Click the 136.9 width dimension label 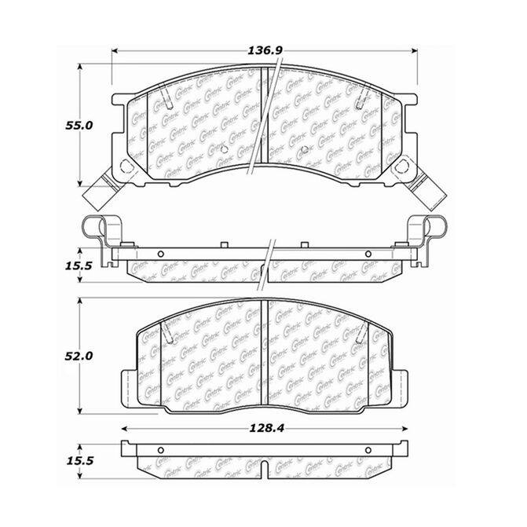pyautogui.click(x=265, y=50)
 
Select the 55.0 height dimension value pyautogui.click(x=79, y=126)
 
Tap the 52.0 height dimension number pyautogui.click(x=79, y=356)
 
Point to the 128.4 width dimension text pyautogui.click(x=266, y=428)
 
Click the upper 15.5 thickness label pyautogui.click(x=79, y=265)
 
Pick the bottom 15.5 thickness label pyautogui.click(x=79, y=460)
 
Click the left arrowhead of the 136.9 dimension pyautogui.click(x=115, y=51)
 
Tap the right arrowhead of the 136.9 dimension pyautogui.click(x=414, y=51)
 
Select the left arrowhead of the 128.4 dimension pyautogui.click(x=124, y=429)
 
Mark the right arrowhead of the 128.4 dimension pyautogui.click(x=404, y=429)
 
